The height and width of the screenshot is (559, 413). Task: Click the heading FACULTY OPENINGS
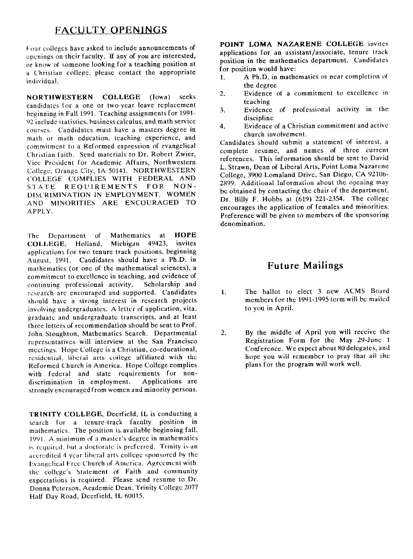tap(111, 30)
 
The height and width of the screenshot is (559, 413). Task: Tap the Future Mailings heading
tap(305, 266)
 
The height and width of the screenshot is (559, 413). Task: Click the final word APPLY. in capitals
tap(40, 211)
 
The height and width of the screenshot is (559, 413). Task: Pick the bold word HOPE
tap(185, 235)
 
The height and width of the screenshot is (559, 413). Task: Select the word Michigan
tap(125, 243)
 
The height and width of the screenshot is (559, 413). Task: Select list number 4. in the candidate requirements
tap(223, 126)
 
